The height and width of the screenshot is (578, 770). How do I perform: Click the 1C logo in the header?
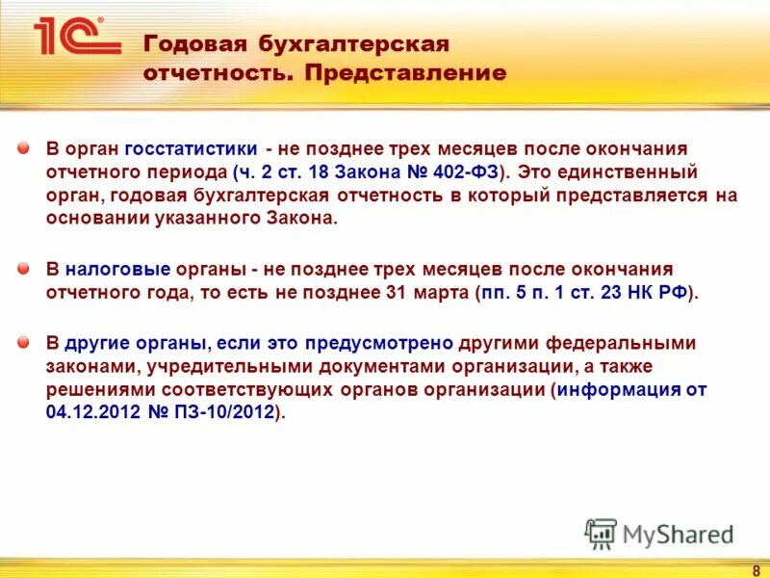tap(77, 37)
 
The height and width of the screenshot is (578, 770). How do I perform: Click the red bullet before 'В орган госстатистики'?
tap(23, 150)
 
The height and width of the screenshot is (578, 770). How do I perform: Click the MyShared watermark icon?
tap(602, 533)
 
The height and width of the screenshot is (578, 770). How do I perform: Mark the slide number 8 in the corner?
tap(756, 569)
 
